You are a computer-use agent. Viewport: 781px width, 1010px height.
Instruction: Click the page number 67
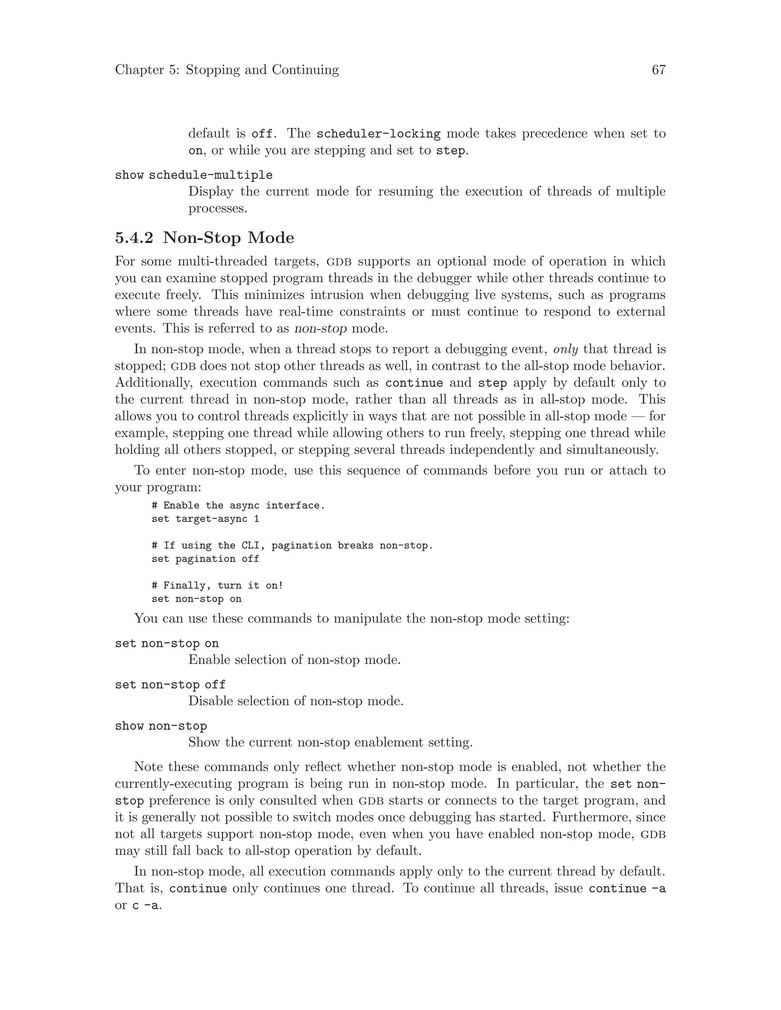point(658,70)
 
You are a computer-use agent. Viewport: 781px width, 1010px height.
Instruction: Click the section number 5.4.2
point(134,238)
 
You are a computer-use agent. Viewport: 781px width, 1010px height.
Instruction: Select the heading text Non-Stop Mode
point(228,238)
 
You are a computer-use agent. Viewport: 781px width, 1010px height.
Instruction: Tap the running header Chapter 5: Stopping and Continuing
point(227,70)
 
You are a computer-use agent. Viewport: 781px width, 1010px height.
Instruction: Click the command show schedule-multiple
point(193,175)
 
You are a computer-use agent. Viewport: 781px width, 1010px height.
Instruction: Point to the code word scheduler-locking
point(378,134)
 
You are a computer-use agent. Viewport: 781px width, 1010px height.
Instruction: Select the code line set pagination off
point(205,559)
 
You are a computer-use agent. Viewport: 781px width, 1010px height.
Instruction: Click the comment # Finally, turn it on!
point(217,585)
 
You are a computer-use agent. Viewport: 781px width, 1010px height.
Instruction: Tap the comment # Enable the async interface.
point(238,505)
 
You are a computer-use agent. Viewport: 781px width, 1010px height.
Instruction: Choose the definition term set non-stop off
point(170,685)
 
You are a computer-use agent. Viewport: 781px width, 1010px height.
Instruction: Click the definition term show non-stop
point(161,726)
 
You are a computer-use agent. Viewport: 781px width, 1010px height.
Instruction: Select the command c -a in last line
point(147,906)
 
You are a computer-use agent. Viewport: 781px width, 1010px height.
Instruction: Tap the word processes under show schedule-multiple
point(217,208)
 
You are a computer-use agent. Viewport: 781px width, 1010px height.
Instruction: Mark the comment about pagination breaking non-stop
point(292,546)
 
